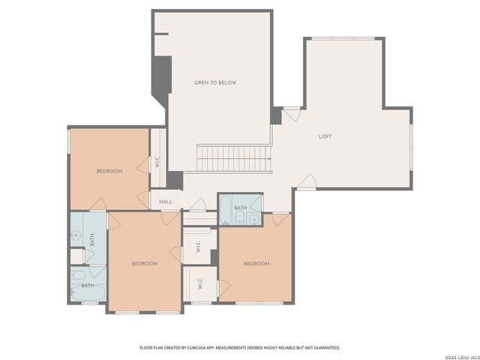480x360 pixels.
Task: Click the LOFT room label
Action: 325,136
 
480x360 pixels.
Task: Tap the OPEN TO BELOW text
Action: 215,82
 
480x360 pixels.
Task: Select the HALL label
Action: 166,202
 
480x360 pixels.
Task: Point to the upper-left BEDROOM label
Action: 109,171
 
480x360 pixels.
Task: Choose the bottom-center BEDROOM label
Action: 144,263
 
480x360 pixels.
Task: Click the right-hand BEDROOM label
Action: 256,263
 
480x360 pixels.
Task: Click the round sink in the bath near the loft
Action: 254,219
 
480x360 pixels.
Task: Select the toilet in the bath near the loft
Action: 238,219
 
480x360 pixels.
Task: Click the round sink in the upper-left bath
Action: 76,235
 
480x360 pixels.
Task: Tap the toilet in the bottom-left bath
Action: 78,275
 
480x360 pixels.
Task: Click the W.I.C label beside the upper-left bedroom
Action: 157,159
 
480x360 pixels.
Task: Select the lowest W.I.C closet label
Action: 199,284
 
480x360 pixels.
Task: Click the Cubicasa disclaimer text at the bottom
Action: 240,347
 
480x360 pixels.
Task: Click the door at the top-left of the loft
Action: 291,114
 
